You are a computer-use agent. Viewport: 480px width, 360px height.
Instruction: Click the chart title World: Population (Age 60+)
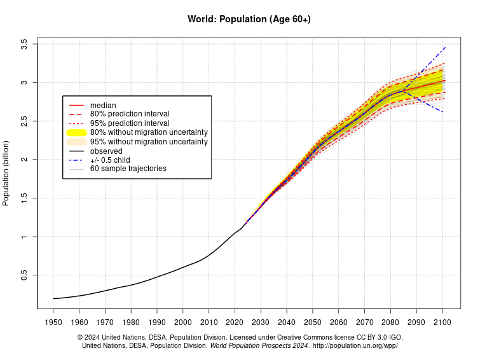point(249,19)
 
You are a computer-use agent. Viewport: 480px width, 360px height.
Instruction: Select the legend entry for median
point(103,105)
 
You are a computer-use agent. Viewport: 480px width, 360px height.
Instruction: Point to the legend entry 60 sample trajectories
point(128,169)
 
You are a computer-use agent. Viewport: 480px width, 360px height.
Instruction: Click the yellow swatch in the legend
point(76,132)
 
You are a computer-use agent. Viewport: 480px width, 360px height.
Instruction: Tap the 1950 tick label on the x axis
point(53,322)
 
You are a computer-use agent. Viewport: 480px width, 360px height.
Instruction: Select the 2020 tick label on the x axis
point(235,322)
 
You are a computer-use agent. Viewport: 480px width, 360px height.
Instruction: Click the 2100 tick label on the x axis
point(442,322)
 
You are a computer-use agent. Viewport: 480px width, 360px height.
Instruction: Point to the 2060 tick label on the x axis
point(338,322)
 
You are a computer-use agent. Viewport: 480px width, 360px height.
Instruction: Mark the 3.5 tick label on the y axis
point(24,45)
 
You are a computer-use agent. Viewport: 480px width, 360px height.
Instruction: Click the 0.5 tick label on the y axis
point(24,275)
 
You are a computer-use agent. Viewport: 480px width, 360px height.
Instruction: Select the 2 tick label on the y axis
point(24,160)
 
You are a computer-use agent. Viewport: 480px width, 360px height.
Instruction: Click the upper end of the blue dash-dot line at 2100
point(444,48)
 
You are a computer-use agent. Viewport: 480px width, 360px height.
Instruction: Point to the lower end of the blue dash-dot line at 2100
point(442,112)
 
